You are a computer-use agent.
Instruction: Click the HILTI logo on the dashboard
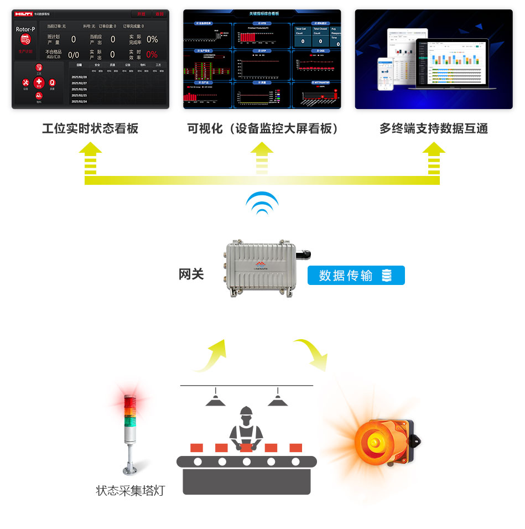[x=23, y=14]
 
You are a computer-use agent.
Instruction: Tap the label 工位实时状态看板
[x=90, y=129]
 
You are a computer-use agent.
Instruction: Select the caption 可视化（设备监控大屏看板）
[x=262, y=129]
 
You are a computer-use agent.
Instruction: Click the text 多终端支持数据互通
[x=434, y=129]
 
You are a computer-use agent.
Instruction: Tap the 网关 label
[x=191, y=274]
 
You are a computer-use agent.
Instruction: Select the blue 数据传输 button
[x=356, y=275]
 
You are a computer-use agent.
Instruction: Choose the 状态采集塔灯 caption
[x=131, y=490]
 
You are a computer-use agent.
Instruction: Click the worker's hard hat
[x=246, y=411]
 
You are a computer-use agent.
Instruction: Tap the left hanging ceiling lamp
[x=215, y=400]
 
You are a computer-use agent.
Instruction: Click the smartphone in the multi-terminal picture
[x=385, y=74]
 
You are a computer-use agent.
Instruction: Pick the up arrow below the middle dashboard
[x=262, y=157]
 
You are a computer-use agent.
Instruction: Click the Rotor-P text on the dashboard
[x=25, y=29]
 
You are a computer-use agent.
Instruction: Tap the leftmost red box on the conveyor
[x=196, y=448]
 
